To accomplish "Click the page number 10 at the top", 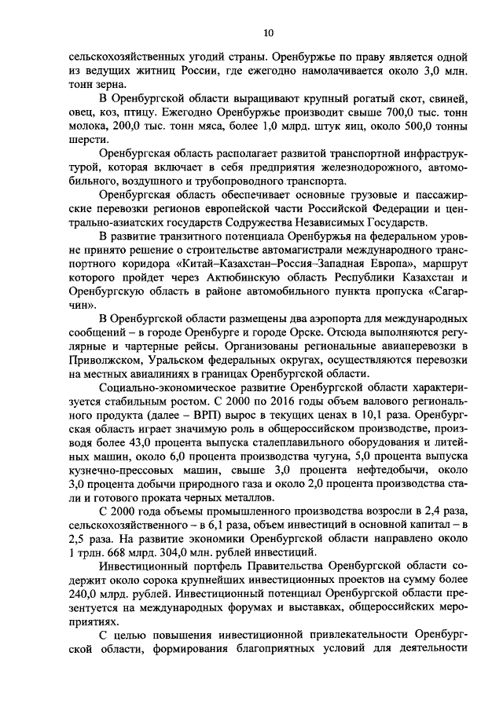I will point(269,32).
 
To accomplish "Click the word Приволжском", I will point(112,361).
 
